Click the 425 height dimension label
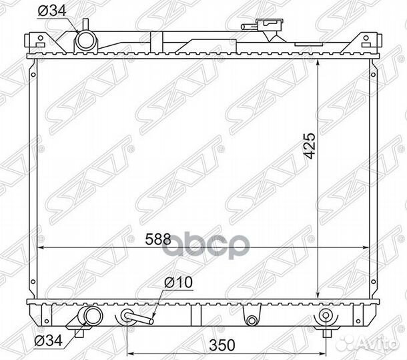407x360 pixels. [310, 146]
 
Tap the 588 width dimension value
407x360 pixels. [158, 239]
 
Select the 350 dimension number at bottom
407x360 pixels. [222, 345]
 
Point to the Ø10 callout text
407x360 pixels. [178, 282]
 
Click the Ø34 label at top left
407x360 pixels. [52, 11]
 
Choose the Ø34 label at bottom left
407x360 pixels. [48, 341]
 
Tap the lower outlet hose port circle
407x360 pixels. [93, 315]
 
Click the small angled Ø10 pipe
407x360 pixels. [139, 318]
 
